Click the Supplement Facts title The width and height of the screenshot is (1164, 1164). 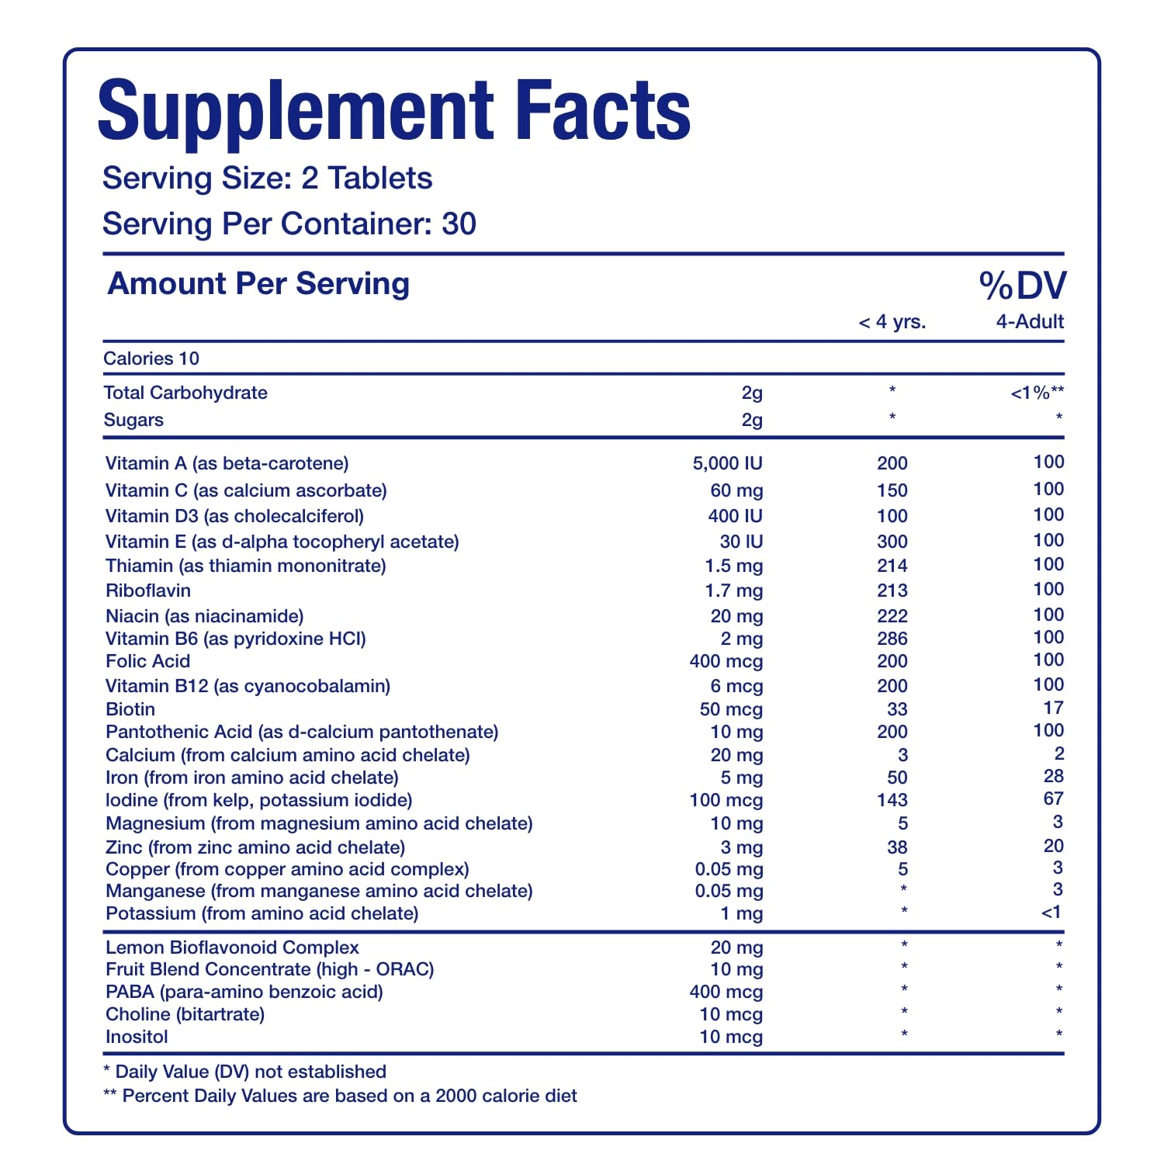click(393, 110)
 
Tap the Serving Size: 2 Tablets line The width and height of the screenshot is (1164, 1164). click(267, 178)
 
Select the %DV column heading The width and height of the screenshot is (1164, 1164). click(1023, 286)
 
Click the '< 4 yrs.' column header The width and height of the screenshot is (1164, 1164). click(892, 322)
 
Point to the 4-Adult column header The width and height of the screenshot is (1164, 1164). click(1030, 322)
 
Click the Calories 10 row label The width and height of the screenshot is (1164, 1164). click(151, 359)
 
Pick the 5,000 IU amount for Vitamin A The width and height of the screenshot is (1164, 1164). click(727, 463)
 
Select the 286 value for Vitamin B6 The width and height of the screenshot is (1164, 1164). click(892, 639)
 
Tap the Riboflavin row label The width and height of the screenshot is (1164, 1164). click(148, 591)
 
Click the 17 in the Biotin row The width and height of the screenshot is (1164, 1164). click(1053, 708)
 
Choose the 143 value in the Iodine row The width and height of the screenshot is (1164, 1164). click(892, 800)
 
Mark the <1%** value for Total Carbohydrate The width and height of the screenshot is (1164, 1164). click(1037, 393)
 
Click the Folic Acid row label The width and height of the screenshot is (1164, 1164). click(147, 661)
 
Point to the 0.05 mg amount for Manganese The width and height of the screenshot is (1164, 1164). click(729, 891)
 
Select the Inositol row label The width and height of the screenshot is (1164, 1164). click(137, 1037)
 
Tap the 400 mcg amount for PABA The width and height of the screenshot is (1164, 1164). click(726, 992)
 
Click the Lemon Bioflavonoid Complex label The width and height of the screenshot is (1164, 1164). click(232, 947)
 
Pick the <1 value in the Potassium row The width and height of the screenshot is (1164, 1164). click(1051, 913)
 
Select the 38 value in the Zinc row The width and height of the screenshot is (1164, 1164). click(897, 847)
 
